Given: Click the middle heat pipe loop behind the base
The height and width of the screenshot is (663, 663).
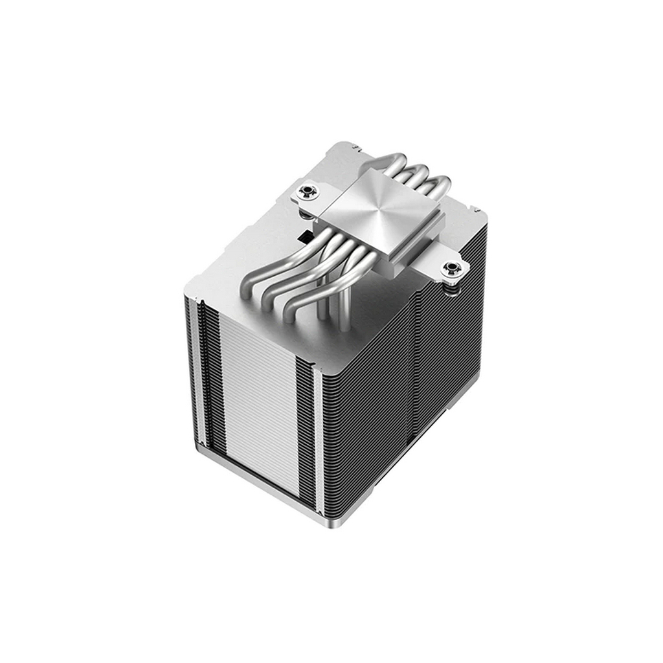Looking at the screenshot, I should [414, 172].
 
